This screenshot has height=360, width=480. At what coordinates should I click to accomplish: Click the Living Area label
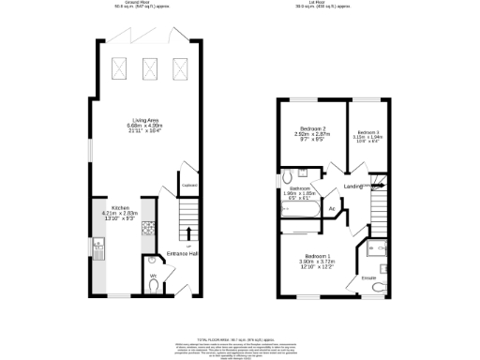pyautogui.click(x=145, y=122)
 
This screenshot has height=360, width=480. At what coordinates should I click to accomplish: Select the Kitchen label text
pyautogui.click(x=120, y=207)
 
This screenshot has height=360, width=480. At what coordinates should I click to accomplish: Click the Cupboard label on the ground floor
pyautogui.click(x=187, y=186)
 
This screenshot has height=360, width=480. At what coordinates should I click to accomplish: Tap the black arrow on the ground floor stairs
pyautogui.click(x=188, y=232)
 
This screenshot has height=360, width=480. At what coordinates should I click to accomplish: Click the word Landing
pyautogui.click(x=353, y=187)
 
